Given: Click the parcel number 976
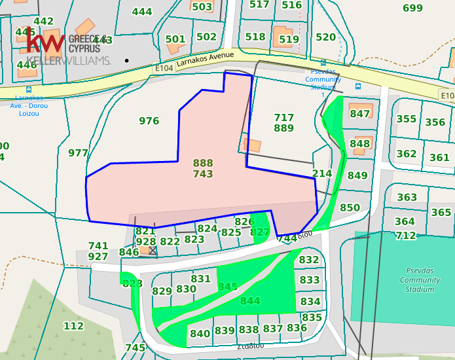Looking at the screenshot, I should click(x=149, y=120).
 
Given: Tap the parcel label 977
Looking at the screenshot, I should click(x=78, y=153).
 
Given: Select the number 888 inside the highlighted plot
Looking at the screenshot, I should click(x=203, y=163).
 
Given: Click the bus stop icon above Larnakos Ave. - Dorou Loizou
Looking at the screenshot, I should click(x=28, y=90).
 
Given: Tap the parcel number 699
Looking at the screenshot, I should click(x=412, y=8).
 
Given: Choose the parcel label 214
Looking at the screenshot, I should click(x=322, y=173).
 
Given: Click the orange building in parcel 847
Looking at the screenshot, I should click(x=361, y=108).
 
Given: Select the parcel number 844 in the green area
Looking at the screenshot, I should click(x=250, y=301).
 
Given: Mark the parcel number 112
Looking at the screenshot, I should click(x=73, y=326).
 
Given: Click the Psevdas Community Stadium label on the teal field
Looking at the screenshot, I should click(x=420, y=280).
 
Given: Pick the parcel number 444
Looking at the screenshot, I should click(x=142, y=11).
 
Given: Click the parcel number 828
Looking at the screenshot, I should click(x=132, y=283).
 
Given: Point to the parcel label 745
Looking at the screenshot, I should click(x=135, y=348).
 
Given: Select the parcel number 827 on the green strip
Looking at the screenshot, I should click(x=260, y=232).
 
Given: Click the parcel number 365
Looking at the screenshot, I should click(x=441, y=212).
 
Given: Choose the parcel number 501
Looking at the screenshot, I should click(x=175, y=39).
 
